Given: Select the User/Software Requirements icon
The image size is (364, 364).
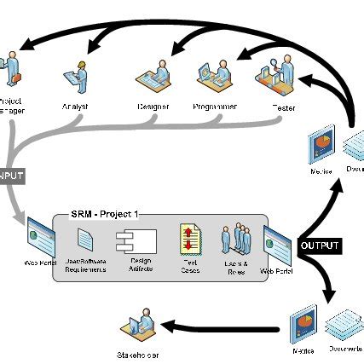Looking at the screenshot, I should [x=88, y=241].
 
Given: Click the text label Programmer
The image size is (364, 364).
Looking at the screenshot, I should [x=214, y=107].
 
